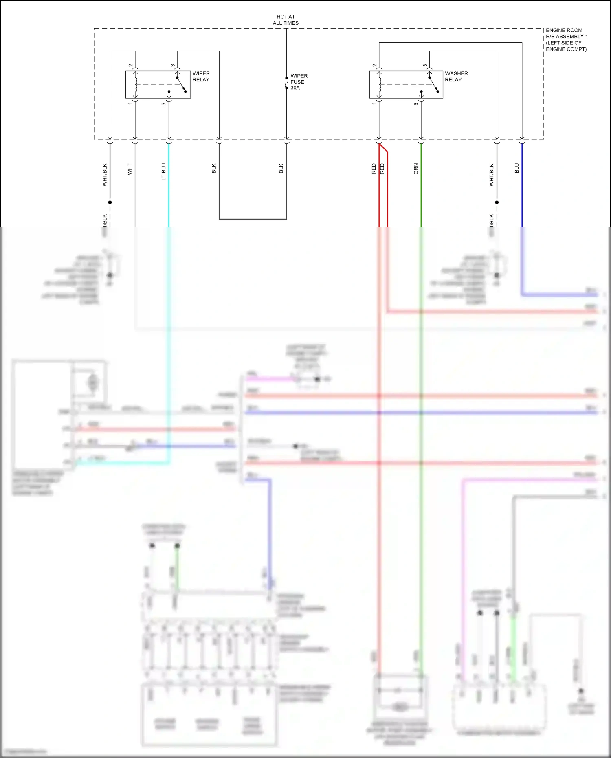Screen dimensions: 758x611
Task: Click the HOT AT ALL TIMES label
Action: pos(286,20)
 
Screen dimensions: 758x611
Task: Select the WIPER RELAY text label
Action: pos(201,77)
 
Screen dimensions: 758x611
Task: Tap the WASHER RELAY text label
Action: pos(456,77)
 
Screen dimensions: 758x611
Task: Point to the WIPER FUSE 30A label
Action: pos(299,82)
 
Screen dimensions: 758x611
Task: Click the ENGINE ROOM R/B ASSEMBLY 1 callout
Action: pos(566,40)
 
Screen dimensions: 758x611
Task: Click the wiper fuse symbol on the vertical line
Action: pos(287,83)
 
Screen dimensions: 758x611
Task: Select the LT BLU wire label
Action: pos(164,171)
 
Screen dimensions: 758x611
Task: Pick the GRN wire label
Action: pos(416,169)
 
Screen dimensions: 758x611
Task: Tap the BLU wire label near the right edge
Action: pos(516,168)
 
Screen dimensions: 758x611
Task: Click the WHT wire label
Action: pos(130,169)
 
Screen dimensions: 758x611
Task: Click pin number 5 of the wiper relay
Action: pos(164,104)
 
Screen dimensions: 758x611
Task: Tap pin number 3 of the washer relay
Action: pos(425,66)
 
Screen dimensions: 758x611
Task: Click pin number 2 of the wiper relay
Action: pos(131,66)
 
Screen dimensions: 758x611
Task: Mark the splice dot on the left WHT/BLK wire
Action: pos(110,202)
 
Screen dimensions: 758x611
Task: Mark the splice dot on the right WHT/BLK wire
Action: pos(497,202)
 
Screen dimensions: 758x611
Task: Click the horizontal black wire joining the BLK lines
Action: pos(253,219)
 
